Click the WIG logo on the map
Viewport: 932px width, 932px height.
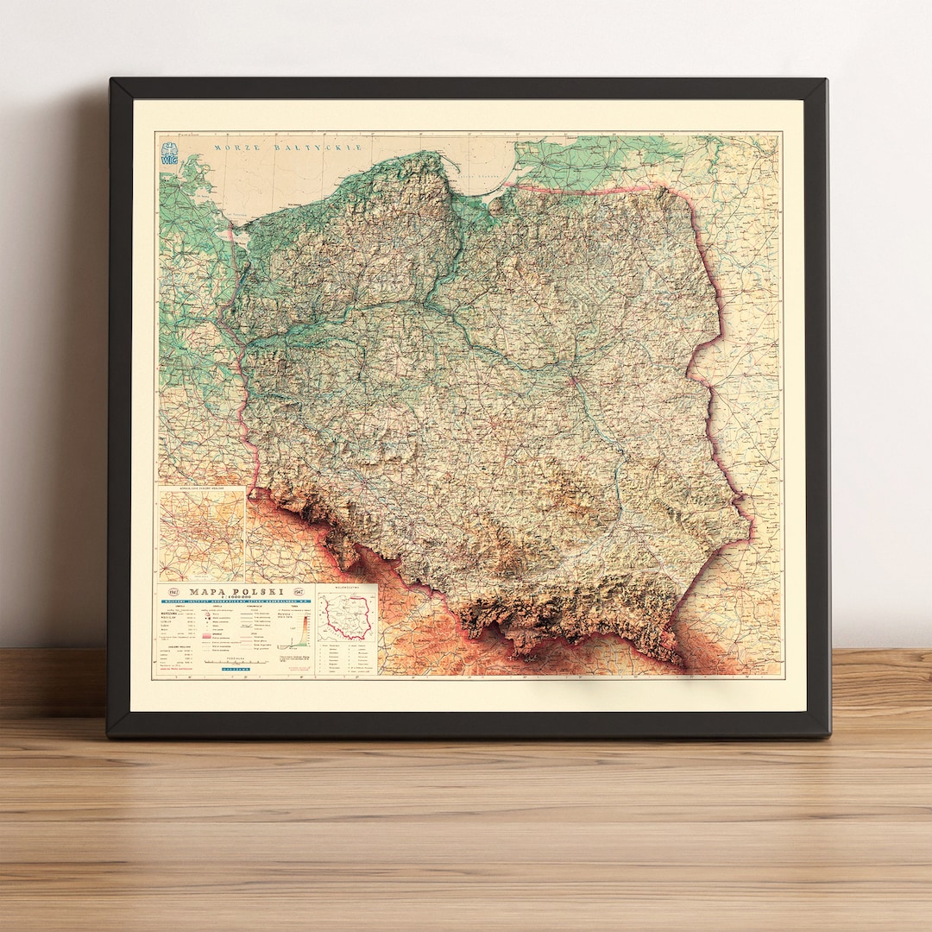pos(169,154)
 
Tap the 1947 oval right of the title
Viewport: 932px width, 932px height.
pos(301,592)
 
